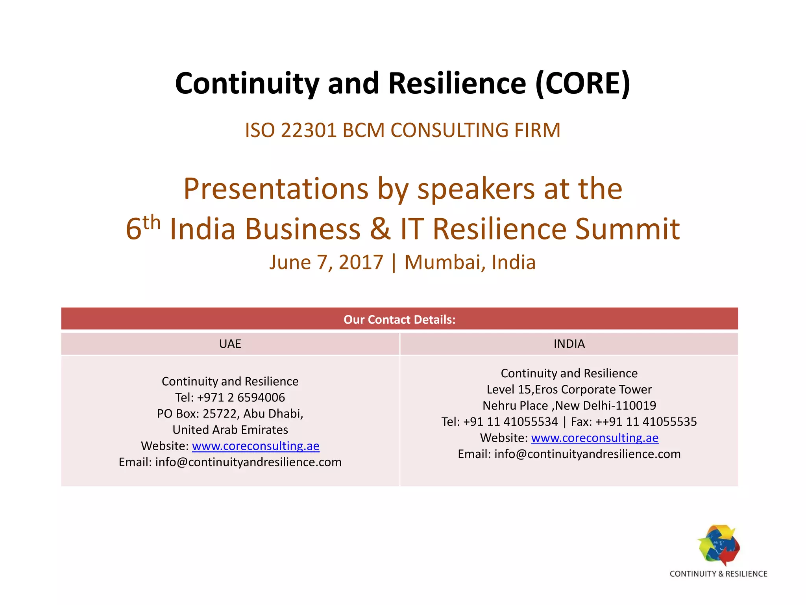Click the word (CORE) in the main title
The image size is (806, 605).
[x=582, y=84]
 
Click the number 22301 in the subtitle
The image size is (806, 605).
[x=309, y=130]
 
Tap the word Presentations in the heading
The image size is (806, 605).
[x=276, y=189]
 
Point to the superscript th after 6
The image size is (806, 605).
[x=152, y=223]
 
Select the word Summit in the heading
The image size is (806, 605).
[x=627, y=229]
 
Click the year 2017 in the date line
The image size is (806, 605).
[x=360, y=262]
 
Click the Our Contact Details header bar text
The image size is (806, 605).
[x=399, y=319]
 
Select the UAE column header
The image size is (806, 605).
[x=230, y=344]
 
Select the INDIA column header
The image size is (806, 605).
[x=569, y=344]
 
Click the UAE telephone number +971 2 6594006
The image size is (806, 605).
[x=241, y=397]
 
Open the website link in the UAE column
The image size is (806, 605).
[x=255, y=446]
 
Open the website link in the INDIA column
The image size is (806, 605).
[x=595, y=438]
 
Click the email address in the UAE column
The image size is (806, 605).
[x=248, y=462]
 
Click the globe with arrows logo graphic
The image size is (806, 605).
[x=719, y=545]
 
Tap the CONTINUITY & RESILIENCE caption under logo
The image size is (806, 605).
[x=718, y=574]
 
